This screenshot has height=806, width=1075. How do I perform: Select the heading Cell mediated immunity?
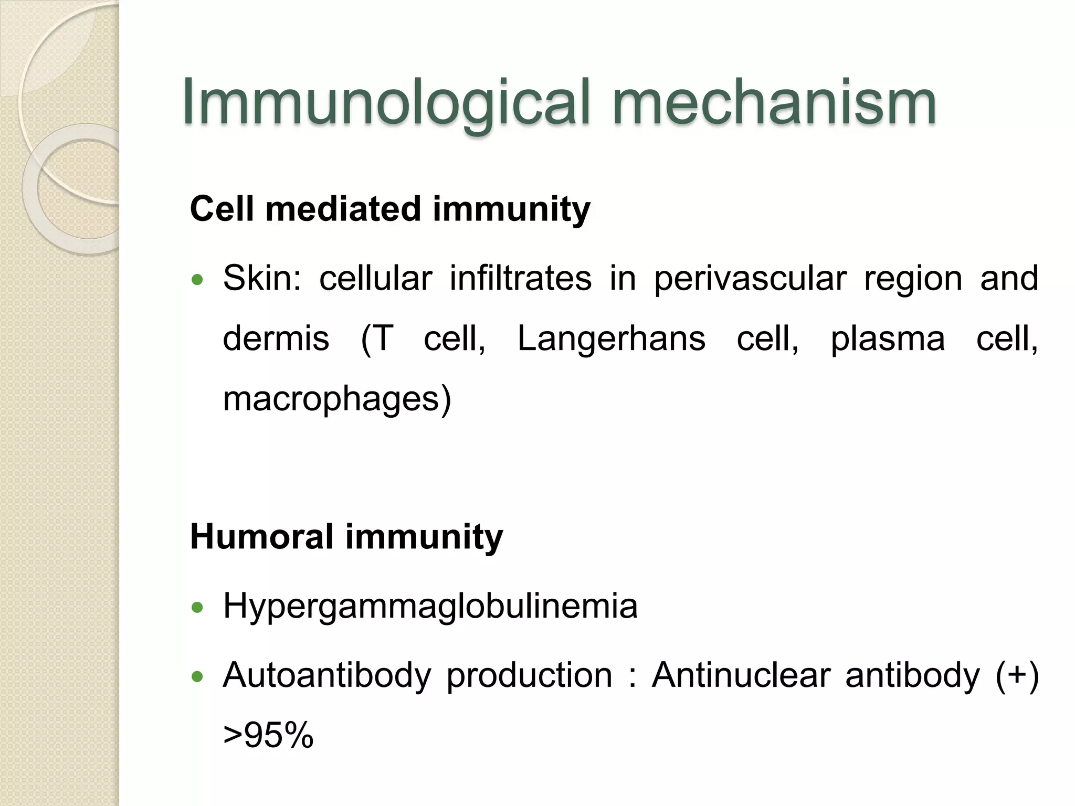390,209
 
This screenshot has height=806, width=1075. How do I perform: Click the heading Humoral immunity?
346,537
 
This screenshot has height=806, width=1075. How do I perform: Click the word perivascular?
750,279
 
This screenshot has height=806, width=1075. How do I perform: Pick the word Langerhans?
612,339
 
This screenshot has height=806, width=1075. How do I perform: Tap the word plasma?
888,339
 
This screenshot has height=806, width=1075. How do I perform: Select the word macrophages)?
337,399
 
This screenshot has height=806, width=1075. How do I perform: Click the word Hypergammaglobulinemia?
430,607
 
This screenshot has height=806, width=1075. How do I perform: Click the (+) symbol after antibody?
1017,675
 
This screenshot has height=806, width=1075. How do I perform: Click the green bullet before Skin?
197,280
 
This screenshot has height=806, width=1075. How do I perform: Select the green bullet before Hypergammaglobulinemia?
197,608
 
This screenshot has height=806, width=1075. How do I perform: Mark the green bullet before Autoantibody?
197,677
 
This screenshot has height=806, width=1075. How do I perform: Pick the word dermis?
276,338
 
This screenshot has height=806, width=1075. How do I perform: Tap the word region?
913,279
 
